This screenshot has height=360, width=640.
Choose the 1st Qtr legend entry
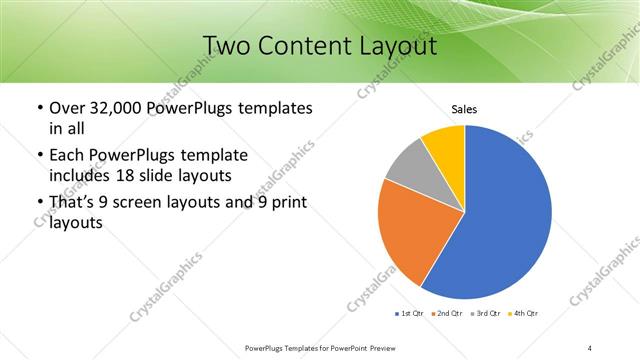[x=410, y=314]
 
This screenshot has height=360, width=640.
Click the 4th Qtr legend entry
[x=523, y=314]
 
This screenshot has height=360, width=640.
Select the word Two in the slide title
[x=228, y=46]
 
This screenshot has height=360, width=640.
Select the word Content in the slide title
[x=303, y=46]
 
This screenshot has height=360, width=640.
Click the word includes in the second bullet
[x=80, y=176]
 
